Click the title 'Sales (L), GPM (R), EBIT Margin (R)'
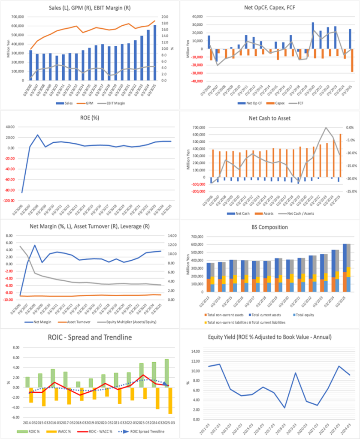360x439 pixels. pyautogui.click(x=89, y=7)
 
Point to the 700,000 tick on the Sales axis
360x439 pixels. pyautogui.click(x=17, y=17)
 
